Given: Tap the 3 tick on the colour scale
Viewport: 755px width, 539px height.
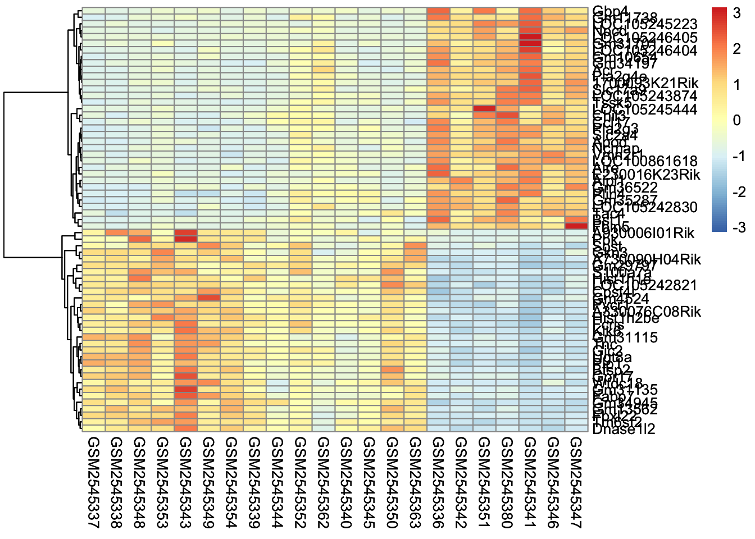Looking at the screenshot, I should pyautogui.click(x=737, y=13).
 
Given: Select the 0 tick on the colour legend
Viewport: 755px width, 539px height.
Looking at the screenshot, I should pyautogui.click(x=737, y=121).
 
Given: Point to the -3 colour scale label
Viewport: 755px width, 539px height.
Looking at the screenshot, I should pyautogui.click(x=737, y=227).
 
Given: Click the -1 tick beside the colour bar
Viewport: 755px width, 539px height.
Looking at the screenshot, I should pyautogui.click(x=737, y=156).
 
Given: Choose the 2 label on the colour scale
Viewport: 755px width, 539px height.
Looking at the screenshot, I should pyautogui.click(x=737, y=49).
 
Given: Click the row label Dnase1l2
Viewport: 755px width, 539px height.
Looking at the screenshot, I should pyautogui.click(x=624, y=430).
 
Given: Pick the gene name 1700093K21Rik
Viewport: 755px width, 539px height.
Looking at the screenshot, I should pyautogui.click(x=645, y=83).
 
